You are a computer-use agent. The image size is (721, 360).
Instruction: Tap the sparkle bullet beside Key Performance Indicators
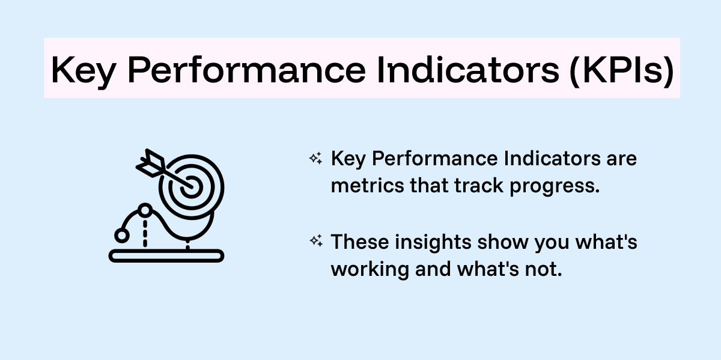(x=315, y=159)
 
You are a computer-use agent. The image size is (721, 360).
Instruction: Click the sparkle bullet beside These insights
(x=315, y=241)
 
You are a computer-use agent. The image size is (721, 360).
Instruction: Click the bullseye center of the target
(x=192, y=186)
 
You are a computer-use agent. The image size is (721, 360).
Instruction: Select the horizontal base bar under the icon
(x=166, y=255)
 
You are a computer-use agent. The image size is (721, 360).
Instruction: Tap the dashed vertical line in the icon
(x=145, y=231)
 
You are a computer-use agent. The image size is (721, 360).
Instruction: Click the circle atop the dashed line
(x=145, y=210)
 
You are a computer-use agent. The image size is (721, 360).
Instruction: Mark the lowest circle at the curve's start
(x=122, y=234)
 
